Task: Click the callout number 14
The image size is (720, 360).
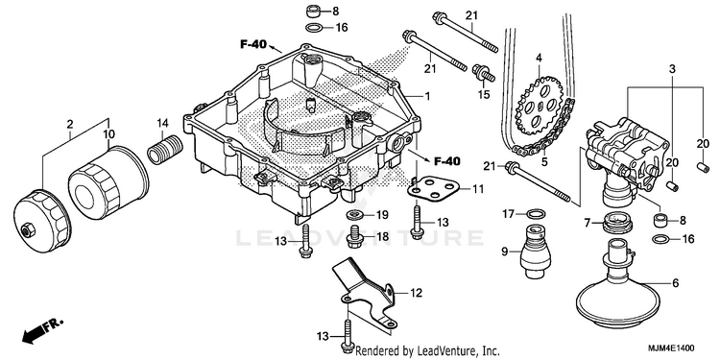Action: pos(163,123)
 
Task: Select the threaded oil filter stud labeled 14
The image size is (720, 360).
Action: pos(165,148)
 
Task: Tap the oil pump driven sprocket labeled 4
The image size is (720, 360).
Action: pos(540,106)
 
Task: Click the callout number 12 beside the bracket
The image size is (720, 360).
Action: pos(416,293)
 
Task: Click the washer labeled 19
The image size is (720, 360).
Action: pos(356,214)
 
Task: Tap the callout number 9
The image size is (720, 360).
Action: pos(505,252)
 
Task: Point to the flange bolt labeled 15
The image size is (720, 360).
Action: pos(483,74)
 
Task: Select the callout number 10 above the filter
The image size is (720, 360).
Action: pos(108,134)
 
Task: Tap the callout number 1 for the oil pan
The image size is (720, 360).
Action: pos(427,96)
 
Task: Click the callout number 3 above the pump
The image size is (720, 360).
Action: pos(672,70)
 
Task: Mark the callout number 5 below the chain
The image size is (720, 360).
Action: pos(544,161)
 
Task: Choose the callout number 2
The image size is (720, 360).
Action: pos(70,124)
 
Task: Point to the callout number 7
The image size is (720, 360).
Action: pos(587,223)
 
